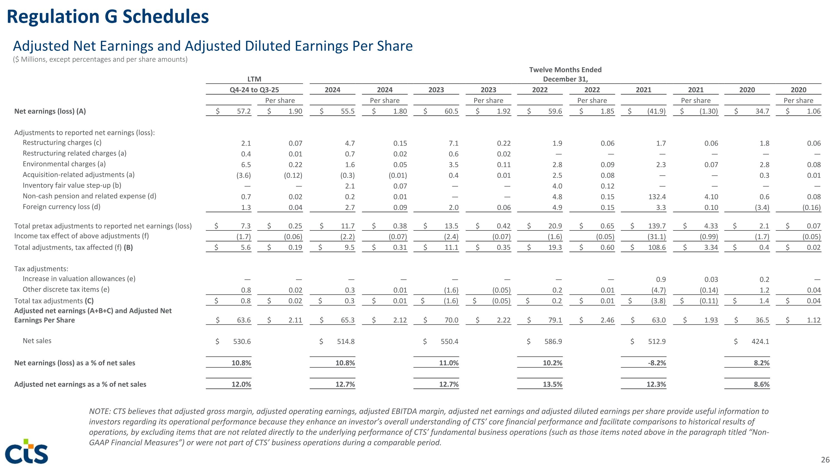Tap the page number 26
(825, 460)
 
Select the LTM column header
(254, 79)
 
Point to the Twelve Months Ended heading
(565, 70)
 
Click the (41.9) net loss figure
(656, 111)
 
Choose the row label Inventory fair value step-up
(72, 185)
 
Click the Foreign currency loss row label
(61, 207)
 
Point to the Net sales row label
(37, 341)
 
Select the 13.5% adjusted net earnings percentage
(553, 384)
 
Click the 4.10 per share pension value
(711, 197)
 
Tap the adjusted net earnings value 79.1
(555, 320)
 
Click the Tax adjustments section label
(41, 269)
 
